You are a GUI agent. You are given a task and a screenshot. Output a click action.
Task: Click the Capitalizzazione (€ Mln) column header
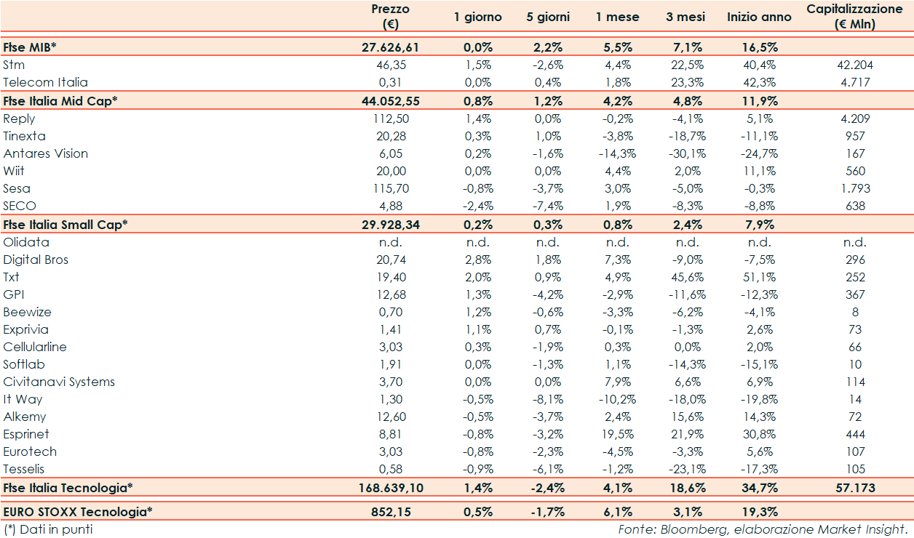coord(854,17)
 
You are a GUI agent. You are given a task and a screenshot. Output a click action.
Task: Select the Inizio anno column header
coord(759,17)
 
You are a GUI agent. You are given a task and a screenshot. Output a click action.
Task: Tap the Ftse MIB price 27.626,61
coord(391,47)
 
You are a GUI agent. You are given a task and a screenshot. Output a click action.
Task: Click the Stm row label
coord(14,65)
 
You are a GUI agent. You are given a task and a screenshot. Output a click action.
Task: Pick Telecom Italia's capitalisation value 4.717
coord(855,82)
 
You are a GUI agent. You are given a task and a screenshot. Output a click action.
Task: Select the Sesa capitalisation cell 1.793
coord(855,188)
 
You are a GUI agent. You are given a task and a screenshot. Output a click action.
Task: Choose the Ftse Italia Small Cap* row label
coord(65,225)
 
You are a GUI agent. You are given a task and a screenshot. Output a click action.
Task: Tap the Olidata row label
coord(26,242)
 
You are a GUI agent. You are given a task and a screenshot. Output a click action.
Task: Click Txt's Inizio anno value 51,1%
coord(759,277)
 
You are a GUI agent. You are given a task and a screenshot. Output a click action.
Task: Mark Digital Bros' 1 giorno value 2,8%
coord(478,260)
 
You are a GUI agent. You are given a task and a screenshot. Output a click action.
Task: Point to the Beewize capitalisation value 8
coord(855,312)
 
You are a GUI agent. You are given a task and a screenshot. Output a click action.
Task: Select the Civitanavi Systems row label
coord(59,382)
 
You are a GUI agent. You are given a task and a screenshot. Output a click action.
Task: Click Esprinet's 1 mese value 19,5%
coord(618,434)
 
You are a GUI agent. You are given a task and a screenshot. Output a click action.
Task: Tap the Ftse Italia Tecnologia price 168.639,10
coord(391,488)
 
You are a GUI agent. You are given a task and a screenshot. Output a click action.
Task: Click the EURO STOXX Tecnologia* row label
coord(78,512)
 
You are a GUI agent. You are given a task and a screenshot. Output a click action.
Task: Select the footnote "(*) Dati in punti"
coord(48,529)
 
